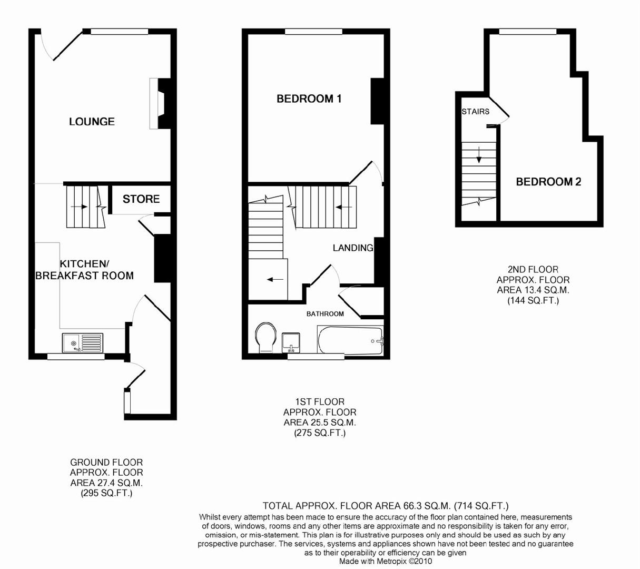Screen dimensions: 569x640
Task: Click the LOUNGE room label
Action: click(92, 122)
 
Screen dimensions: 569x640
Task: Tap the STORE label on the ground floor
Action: click(141, 199)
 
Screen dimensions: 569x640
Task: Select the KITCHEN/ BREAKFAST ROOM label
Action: click(84, 270)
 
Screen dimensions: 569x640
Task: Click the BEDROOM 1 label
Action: click(309, 99)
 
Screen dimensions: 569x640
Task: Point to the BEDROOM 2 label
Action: click(548, 182)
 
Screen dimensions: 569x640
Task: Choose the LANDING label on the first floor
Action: click(353, 248)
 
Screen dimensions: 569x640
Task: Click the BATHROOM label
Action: click(325, 314)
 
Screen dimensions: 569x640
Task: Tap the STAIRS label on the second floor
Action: click(475, 112)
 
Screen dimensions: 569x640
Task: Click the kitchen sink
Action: click(83, 343)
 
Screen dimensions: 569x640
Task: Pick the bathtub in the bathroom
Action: click(350, 340)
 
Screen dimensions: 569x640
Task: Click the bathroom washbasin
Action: click(291, 341)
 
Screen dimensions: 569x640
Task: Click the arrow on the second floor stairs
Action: click(479, 155)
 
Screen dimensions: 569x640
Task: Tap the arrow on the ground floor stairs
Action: click(79, 207)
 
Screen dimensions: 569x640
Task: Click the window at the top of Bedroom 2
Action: click(528, 32)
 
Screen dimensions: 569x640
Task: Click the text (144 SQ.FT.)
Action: click(533, 301)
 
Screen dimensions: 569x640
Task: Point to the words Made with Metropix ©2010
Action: click(386, 562)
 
